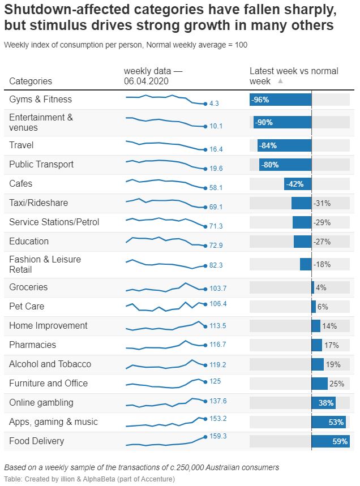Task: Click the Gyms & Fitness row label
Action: tap(41, 100)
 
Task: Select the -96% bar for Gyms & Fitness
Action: tap(281, 100)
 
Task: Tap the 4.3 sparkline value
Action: tap(214, 104)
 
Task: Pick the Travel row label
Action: tap(22, 145)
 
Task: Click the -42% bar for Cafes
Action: tap(298, 184)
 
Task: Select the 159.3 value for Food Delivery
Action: tap(218, 436)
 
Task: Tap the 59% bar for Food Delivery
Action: tap(331, 441)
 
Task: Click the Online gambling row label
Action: tap(41, 403)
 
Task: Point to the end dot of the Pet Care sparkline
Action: tap(205, 304)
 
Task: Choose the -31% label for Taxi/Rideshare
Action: tap(322, 203)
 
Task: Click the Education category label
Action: tap(29, 242)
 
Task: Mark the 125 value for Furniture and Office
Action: tap(215, 381)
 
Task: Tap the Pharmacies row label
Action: tap(33, 345)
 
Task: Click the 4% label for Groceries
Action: tap(321, 287)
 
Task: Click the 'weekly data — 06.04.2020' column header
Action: tap(153, 76)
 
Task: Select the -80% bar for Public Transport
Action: tap(285, 165)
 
